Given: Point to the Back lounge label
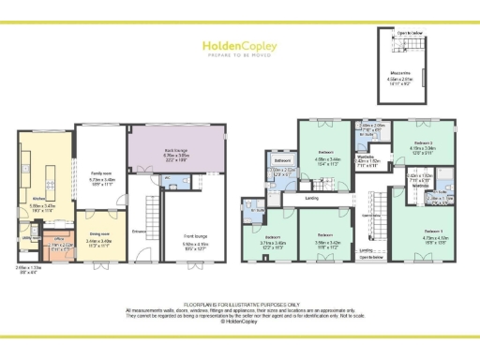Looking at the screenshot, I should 178,137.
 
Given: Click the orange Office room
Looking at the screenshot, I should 59,245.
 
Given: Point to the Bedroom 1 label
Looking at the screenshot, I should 432,231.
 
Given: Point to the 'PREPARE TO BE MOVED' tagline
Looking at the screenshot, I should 239,53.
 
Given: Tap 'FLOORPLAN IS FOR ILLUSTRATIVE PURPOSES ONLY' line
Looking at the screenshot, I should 240,304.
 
